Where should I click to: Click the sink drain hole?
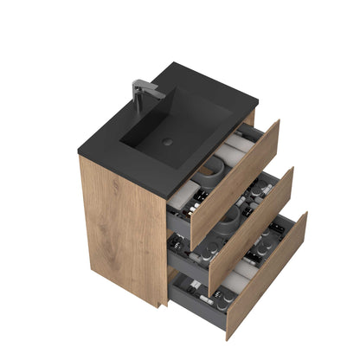click(167, 140)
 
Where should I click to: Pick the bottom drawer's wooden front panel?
click(266, 275)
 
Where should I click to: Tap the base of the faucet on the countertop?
click(139, 107)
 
